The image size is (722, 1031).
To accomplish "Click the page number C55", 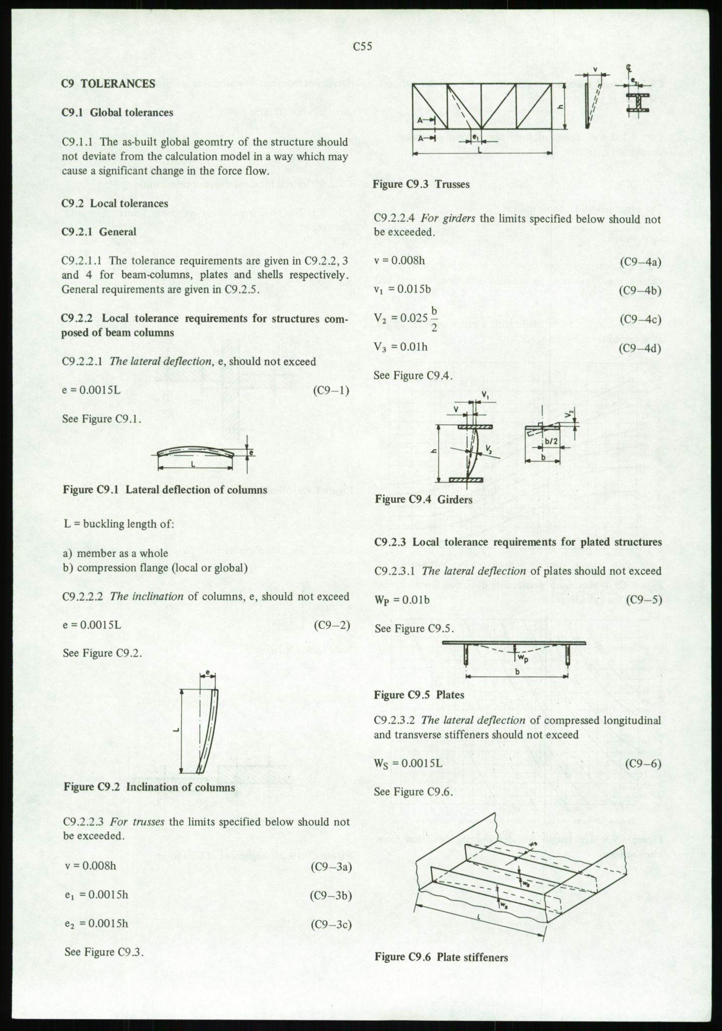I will (x=362, y=47).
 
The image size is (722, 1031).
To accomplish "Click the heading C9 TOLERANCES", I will (x=108, y=84).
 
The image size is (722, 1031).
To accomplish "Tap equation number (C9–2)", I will (x=331, y=625).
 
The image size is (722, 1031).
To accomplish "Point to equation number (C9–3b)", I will (x=330, y=896).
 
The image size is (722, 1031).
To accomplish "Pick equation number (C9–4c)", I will (x=640, y=319).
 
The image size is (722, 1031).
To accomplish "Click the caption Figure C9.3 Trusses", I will (x=421, y=184).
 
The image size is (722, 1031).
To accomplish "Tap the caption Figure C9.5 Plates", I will (x=419, y=695).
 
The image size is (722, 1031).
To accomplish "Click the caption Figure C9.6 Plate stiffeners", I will (x=441, y=957).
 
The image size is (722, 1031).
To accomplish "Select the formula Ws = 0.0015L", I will (x=408, y=763).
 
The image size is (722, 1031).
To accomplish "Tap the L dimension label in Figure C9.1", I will (x=193, y=464).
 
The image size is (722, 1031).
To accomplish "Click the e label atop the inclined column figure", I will (x=207, y=673).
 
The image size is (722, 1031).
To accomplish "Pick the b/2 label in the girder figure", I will (x=551, y=441).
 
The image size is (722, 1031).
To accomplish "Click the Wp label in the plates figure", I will (x=523, y=657).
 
